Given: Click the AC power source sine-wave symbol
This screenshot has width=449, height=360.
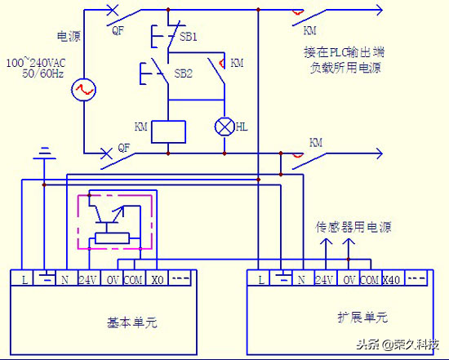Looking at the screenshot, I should click(x=84, y=90).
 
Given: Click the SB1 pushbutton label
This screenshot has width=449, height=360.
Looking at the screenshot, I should click(x=189, y=38).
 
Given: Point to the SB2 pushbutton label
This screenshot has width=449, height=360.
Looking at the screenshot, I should click(x=184, y=73).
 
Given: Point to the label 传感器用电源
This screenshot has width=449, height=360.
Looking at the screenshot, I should click(x=348, y=228).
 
